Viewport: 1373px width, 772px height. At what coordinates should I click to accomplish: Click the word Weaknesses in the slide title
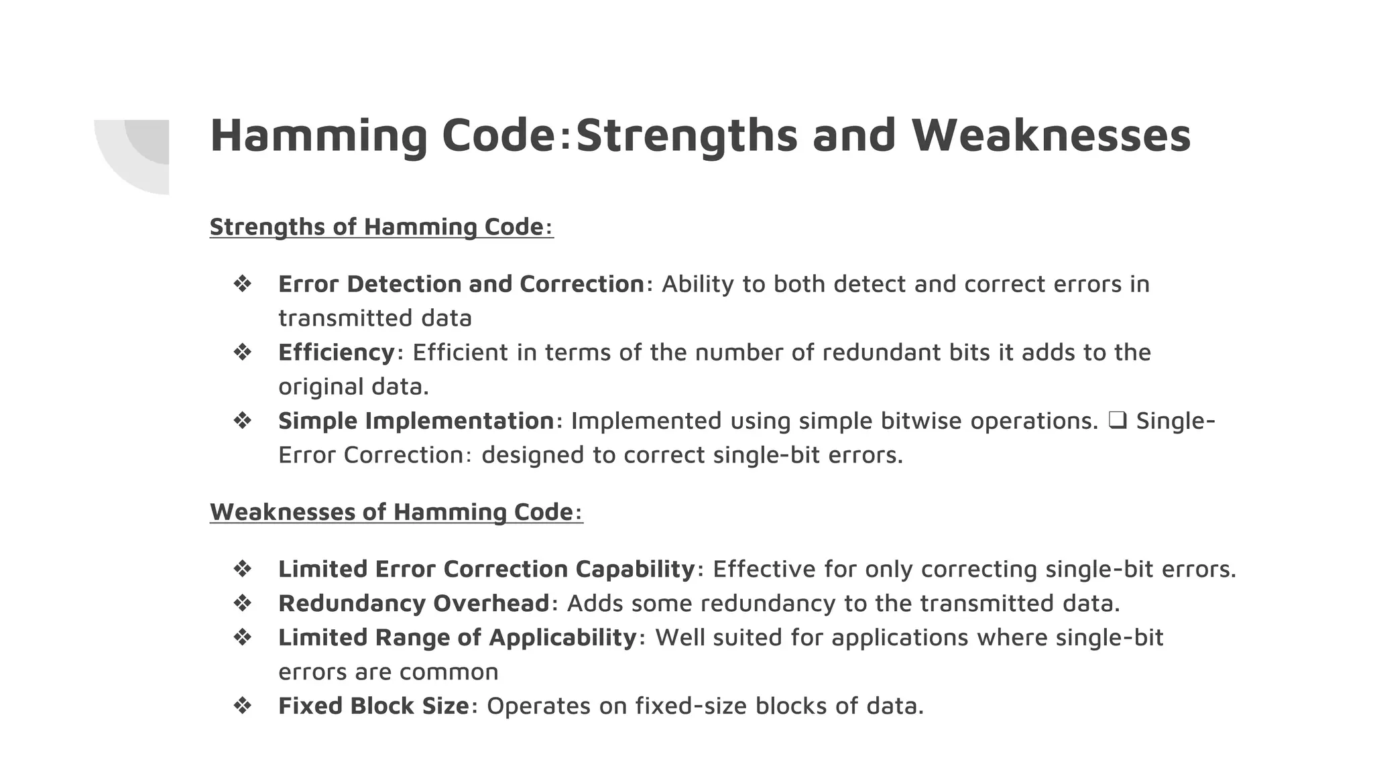point(1051,135)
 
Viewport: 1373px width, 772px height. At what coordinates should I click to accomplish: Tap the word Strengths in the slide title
point(686,135)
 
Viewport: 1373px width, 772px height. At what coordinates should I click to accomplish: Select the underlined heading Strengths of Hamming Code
point(381,227)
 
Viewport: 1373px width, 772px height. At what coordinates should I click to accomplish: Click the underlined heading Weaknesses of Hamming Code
point(396,512)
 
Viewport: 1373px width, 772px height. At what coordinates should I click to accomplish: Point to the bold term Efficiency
point(337,352)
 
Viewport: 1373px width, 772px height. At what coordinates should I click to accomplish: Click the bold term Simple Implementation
point(416,421)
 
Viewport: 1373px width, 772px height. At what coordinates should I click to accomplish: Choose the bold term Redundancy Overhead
point(414,603)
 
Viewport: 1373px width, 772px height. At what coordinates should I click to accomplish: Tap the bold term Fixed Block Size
point(373,706)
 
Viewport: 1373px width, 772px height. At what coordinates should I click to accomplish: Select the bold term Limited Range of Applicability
point(457,637)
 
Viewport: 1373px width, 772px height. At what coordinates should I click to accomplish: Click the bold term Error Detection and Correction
point(461,284)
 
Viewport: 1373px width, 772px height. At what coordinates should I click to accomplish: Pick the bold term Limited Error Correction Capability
point(487,569)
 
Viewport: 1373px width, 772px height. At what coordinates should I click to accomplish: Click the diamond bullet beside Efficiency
point(242,352)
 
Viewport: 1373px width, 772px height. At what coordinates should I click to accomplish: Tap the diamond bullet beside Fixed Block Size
point(242,706)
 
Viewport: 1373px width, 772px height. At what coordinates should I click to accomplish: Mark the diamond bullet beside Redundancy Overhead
point(242,603)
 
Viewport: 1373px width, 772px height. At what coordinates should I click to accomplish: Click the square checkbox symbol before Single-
point(1117,421)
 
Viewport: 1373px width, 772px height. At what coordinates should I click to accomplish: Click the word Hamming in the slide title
point(318,135)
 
